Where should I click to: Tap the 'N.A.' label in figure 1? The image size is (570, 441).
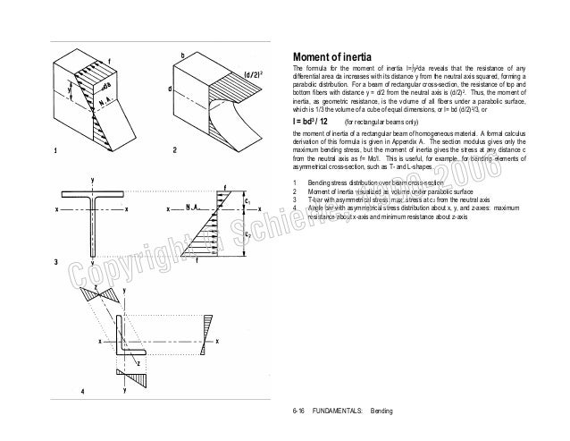(105, 102)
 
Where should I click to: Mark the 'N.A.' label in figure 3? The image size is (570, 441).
(189, 208)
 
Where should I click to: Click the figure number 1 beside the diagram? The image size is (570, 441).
(55, 149)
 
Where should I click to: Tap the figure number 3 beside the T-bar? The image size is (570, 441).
(55, 262)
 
